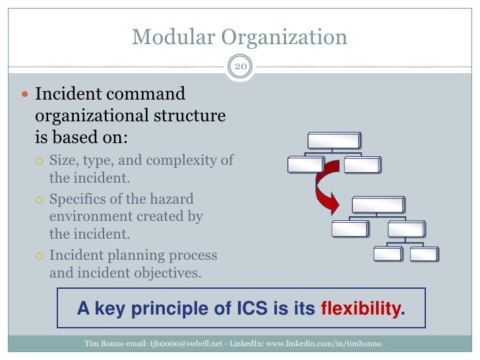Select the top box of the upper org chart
tap(334, 140)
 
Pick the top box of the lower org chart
tap(378, 205)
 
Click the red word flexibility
tap(361, 308)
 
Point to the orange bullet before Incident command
tap(25, 96)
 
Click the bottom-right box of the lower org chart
tap(423, 254)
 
